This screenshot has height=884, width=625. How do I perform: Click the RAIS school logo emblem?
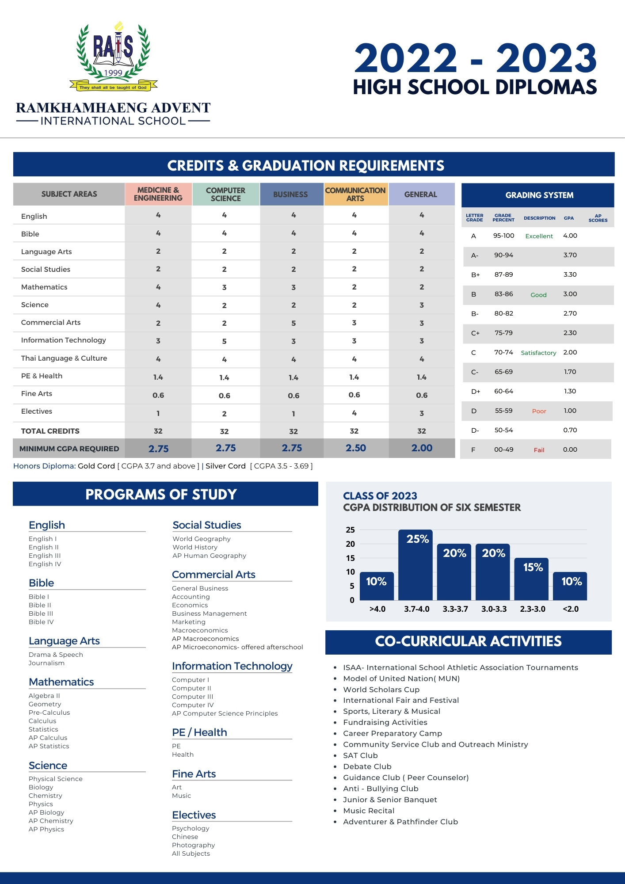tap(114, 57)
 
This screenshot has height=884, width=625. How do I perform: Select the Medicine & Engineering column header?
tap(158, 194)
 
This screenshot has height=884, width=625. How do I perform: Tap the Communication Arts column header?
tap(356, 194)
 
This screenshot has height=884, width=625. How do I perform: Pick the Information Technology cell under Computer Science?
tap(225, 341)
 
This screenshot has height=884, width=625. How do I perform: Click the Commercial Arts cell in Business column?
tap(293, 323)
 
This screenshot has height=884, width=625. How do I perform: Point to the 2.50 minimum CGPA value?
tap(356, 448)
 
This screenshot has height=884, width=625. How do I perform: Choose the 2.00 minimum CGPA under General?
tap(422, 448)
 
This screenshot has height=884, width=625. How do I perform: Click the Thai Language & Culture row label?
tap(64, 358)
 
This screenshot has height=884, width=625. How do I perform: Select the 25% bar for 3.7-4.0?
tap(415, 565)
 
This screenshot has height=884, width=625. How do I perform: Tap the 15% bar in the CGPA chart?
tap(532, 579)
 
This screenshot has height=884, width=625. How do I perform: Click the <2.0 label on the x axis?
tap(571, 609)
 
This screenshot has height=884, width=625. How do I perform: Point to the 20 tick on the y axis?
tap(351, 544)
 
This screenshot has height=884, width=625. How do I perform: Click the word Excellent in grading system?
tap(539, 236)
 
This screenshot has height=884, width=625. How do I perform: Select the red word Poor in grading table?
tap(539, 411)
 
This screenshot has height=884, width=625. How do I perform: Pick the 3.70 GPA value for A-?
tap(570, 255)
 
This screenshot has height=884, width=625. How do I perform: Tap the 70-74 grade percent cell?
tap(503, 352)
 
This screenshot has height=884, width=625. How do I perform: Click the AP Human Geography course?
tap(209, 556)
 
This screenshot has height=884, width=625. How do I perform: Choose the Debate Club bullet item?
tap(367, 766)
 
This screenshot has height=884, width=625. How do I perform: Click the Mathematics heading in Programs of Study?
tap(61, 682)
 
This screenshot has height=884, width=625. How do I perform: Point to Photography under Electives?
tap(193, 845)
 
